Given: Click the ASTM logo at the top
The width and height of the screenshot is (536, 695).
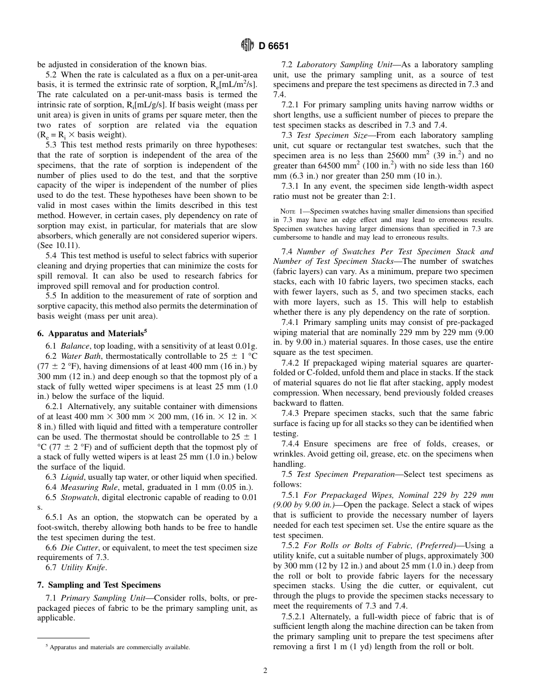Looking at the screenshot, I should click(x=247, y=46).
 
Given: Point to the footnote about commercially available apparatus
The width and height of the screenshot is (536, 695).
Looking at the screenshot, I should click(x=117, y=647).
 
